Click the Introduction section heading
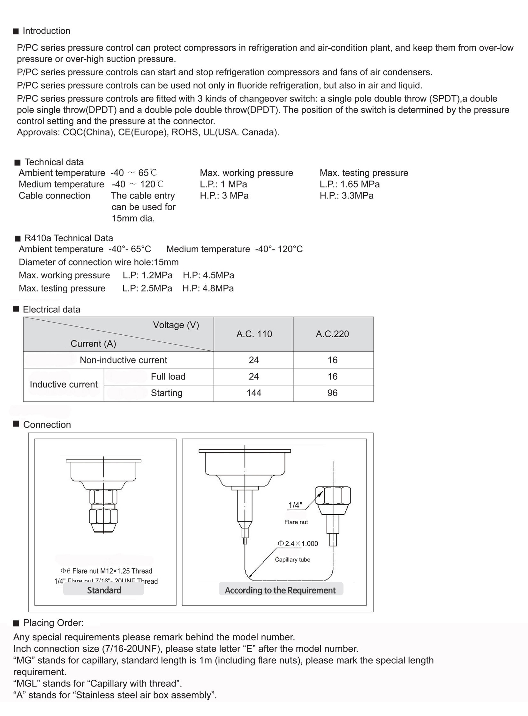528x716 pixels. click(x=46, y=31)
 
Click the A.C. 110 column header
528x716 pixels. click(x=254, y=334)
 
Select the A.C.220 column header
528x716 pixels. click(x=332, y=334)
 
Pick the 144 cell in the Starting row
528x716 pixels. click(x=254, y=393)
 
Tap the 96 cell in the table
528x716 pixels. click(x=332, y=393)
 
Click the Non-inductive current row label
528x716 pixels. click(x=123, y=360)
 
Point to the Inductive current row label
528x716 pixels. click(x=64, y=384)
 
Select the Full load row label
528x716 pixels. click(x=168, y=377)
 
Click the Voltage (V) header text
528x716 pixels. click(x=176, y=325)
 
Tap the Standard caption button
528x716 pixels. click(x=104, y=590)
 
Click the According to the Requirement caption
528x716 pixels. click(x=280, y=590)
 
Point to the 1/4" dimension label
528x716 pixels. click(x=295, y=505)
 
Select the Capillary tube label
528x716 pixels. click(x=292, y=559)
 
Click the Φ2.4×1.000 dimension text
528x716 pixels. click(x=298, y=543)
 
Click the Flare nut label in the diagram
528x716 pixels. click(x=296, y=522)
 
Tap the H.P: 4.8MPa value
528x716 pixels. click(x=208, y=288)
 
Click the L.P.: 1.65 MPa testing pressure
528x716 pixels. click(x=350, y=184)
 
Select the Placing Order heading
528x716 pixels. click(x=53, y=623)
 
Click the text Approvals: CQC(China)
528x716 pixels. click(x=66, y=132)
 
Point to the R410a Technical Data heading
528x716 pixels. click(x=68, y=238)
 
